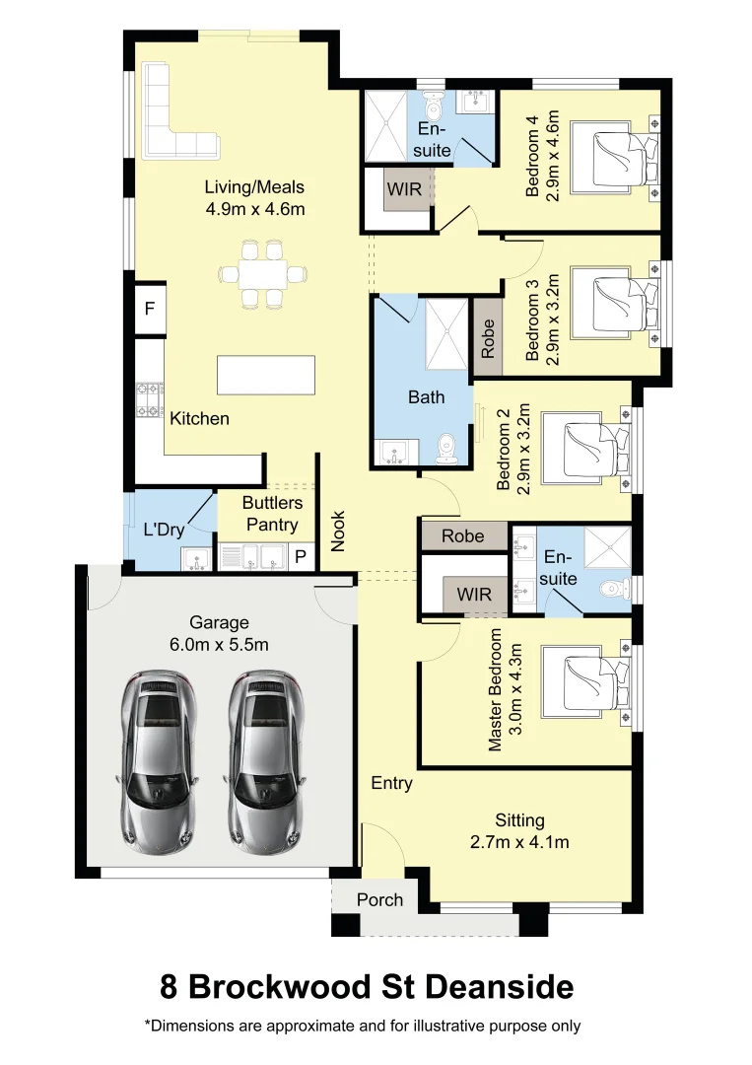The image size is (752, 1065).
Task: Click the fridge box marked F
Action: pos(150,309)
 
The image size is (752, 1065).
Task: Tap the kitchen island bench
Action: pos(266,375)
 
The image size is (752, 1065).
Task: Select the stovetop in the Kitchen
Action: pos(150,399)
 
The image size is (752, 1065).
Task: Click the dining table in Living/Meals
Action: pos(262,274)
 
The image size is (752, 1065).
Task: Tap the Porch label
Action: pos(380,900)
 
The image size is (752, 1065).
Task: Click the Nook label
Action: pos(338,532)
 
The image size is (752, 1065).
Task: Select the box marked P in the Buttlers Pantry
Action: pos(301,557)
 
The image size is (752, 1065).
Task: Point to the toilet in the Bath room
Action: pos(446,450)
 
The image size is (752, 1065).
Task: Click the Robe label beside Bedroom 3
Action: pos(488,339)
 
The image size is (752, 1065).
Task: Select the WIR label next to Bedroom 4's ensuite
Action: pos(404,188)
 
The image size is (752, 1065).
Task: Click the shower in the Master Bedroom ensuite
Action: pos(607,546)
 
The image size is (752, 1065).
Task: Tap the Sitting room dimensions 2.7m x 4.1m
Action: pos(519,842)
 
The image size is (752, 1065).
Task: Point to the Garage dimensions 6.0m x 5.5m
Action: pos(219,644)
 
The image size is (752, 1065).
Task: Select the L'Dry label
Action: pos(165,530)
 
